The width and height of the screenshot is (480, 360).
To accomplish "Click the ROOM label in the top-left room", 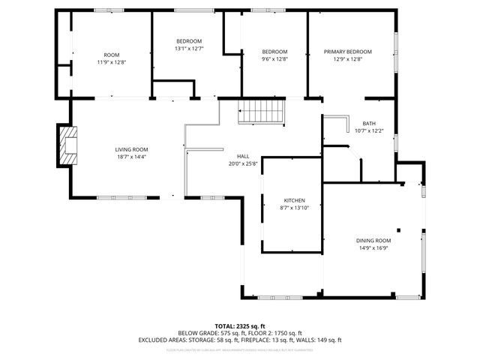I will [112, 54].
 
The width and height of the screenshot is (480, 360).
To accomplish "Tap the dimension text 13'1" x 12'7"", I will [189, 48].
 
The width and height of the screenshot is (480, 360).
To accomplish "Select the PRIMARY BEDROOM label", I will [347, 52].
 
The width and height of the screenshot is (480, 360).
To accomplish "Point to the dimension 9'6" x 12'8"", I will [274, 59].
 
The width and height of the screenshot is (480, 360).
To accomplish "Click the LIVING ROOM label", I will [131, 149].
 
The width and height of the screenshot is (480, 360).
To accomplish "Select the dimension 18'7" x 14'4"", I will [131, 157].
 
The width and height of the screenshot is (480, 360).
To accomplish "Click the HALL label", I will [243, 156].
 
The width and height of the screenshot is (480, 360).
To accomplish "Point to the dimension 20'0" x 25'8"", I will [243, 163].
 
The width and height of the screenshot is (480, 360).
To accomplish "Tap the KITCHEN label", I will [293, 200].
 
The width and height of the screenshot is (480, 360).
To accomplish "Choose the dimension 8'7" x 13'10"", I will [293, 208].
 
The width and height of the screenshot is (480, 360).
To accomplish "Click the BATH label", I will [369, 124].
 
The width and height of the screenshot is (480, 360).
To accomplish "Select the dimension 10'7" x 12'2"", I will [369, 131].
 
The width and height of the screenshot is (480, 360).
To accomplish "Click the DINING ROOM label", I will [373, 240].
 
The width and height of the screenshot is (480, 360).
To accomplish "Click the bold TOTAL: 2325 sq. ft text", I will [240, 325].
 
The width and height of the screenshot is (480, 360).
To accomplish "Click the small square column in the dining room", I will [400, 230].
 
